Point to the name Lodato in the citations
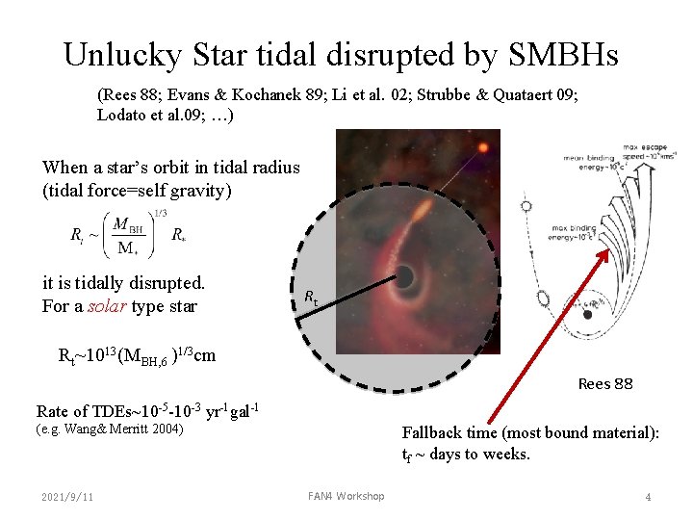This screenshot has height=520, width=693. click(120, 115)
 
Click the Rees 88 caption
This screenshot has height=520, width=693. click(604, 383)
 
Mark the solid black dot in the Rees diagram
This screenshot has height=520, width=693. click(589, 312)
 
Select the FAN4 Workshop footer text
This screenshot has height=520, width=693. click(346, 497)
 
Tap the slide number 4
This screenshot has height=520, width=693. click(648, 497)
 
